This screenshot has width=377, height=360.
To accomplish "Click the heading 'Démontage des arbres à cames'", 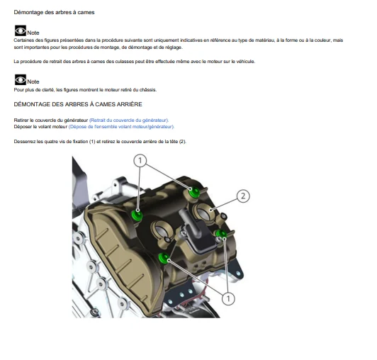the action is tap(54, 12).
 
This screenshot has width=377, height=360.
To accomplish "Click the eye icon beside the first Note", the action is tap(21, 30).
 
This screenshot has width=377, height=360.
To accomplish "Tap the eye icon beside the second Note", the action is tap(21, 79).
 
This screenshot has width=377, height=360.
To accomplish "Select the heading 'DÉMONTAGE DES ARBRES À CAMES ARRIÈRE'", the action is tap(78, 104).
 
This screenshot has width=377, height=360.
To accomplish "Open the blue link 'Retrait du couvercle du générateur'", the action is tap(129, 120).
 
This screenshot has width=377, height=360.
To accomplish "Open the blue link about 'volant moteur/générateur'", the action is tap(121, 127).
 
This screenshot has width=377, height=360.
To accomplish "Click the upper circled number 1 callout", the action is tap(140, 160).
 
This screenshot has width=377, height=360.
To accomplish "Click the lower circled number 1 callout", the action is tap(228, 298).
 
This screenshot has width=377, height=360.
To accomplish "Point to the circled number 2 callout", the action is tap(243, 196).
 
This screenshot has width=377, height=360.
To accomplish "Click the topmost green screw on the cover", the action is tap(194, 192).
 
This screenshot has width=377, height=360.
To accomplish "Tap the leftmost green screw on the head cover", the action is tap(137, 215).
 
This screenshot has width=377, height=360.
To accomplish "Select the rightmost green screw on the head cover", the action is tap(221, 234).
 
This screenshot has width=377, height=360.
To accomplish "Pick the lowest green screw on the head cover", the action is tap(164, 258).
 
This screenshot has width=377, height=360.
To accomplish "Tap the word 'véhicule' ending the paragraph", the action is tap(246, 62).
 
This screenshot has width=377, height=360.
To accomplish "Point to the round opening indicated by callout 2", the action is tap(203, 213).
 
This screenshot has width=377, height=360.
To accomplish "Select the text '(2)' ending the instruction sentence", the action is tap(183, 142).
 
